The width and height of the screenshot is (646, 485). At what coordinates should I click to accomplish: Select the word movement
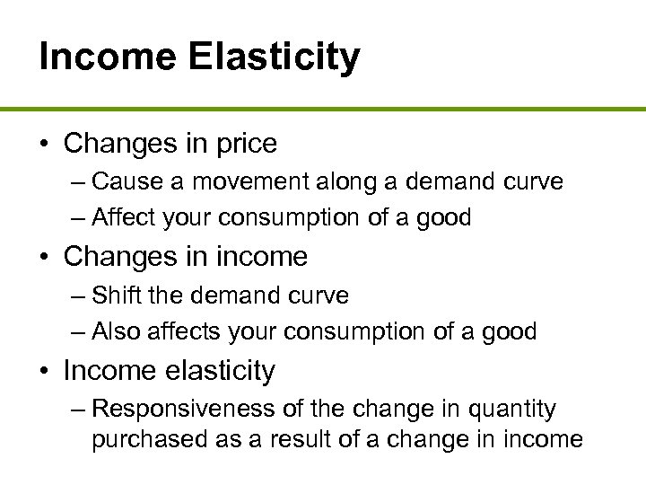pyautogui.click(x=235, y=181)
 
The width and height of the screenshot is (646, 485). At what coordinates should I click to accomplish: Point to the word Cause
pyautogui.click(x=124, y=181)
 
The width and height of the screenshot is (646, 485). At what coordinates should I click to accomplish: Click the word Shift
pyautogui.click(x=113, y=295)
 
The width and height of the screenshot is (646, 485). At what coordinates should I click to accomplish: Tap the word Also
pyautogui.click(x=117, y=331)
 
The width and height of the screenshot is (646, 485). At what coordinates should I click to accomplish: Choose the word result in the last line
pyautogui.click(x=292, y=440)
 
